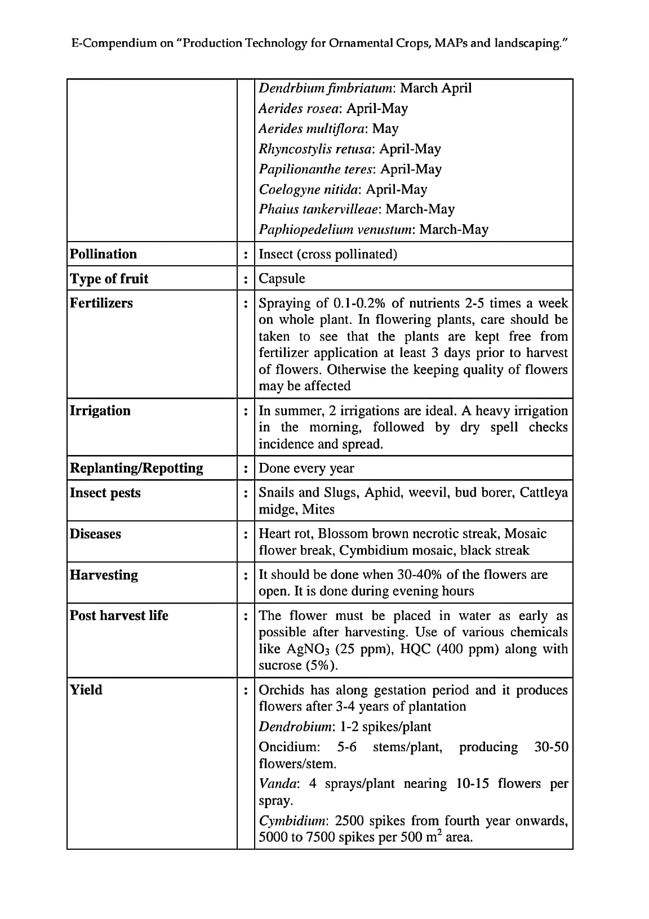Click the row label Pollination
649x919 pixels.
[103, 254]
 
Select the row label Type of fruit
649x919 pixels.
[109, 279]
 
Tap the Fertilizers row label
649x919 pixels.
[101, 303]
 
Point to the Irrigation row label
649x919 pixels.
[100, 411]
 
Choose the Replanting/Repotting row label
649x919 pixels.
[136, 469]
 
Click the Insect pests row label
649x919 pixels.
[105, 493]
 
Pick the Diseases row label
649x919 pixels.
[95, 534]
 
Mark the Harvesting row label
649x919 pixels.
[104, 575]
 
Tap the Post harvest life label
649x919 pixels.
[119, 615]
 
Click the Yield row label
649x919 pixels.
[86, 690]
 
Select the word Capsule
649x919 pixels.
[282, 279]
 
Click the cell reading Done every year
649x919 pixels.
[306, 469]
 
